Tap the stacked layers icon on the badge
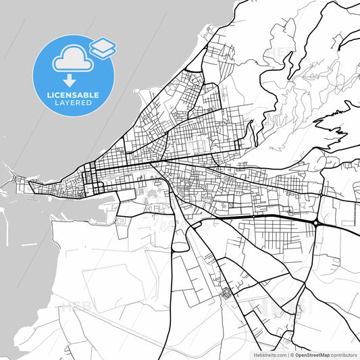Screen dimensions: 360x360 tap(103, 47)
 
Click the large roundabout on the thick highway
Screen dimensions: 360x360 tap(315, 222)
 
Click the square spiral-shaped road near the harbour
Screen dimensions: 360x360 tap(124, 221)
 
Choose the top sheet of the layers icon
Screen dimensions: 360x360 tap(103, 44)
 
